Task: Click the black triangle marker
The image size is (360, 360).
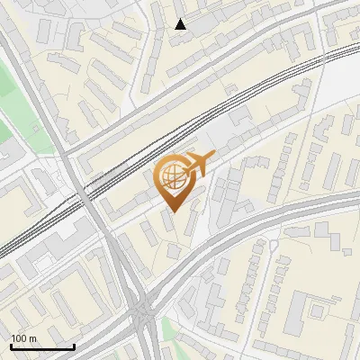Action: point(181,24)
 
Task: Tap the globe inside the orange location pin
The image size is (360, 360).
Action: point(171,176)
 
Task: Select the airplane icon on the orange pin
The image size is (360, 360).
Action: point(199,163)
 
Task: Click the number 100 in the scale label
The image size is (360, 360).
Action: point(18,338)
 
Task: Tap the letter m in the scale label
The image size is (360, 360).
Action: point(32,338)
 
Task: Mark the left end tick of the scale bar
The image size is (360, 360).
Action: point(10,346)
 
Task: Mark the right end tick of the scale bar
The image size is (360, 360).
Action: point(74,346)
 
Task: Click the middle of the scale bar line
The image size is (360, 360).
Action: point(41,347)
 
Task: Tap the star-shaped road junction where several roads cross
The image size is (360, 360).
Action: point(141,312)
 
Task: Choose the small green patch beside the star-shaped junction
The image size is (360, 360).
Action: point(168,326)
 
